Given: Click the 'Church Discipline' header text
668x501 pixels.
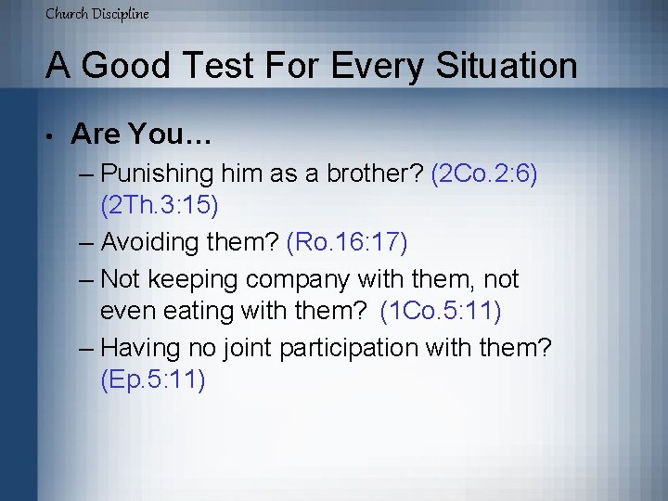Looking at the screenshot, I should (x=97, y=14).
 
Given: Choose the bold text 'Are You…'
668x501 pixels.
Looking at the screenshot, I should (x=142, y=135).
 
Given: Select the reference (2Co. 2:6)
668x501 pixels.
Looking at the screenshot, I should (x=484, y=173).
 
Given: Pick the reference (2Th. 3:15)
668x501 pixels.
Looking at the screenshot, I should (x=159, y=208).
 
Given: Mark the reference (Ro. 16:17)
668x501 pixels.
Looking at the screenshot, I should (x=347, y=242).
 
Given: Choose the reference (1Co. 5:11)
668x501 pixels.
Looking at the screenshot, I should (x=441, y=313).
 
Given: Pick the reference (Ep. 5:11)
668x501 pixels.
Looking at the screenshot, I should (x=152, y=381).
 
